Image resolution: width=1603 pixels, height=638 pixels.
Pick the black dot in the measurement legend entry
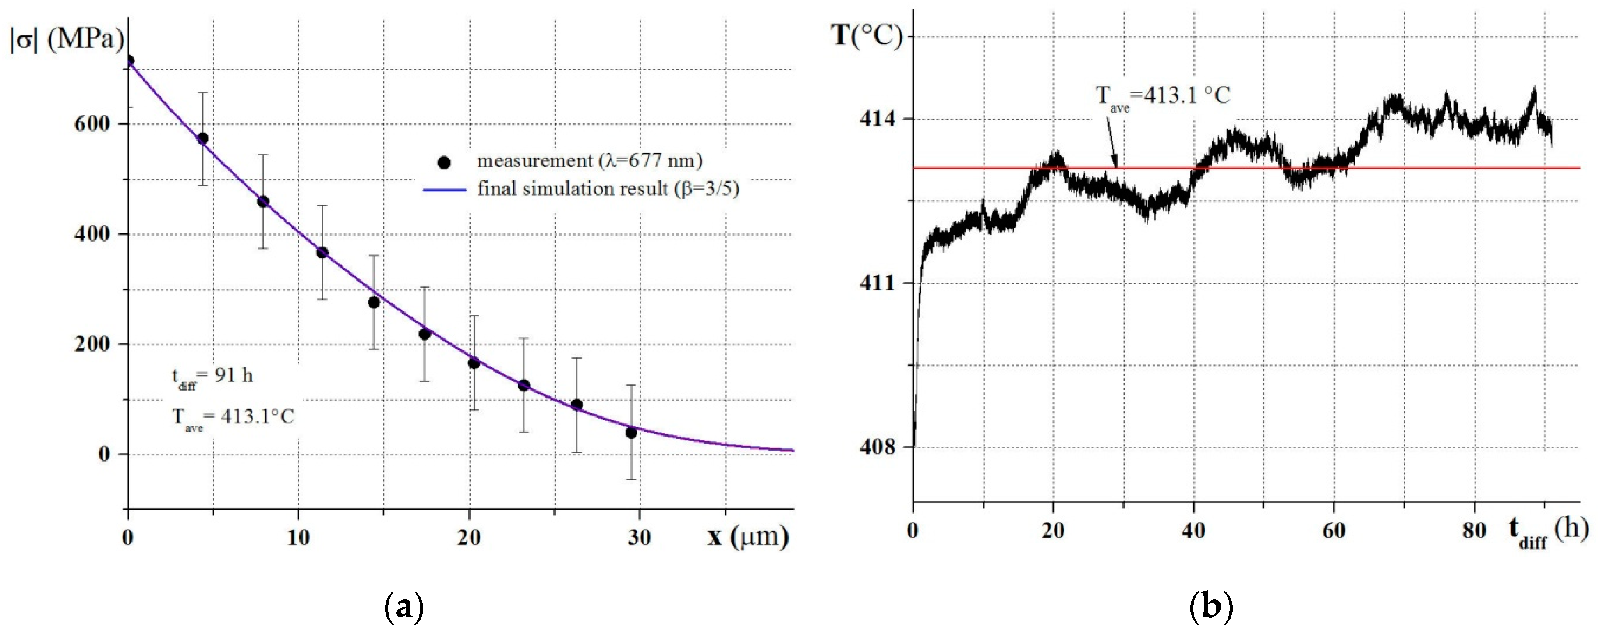pyautogui.click(x=444, y=163)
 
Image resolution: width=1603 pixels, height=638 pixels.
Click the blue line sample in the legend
pyautogui.click(x=445, y=189)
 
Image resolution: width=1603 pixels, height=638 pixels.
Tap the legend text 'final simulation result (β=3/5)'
pyautogui.click(x=608, y=188)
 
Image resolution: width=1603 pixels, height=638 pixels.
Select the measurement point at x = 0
pyautogui.click(x=129, y=61)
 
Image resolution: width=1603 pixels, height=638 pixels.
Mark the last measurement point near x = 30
pyautogui.click(x=631, y=433)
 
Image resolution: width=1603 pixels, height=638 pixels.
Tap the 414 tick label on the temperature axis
pyautogui.click(x=878, y=118)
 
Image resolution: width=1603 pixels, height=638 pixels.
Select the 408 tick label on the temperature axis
pyautogui.click(x=878, y=447)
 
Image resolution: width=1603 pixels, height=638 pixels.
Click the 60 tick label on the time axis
pyautogui.click(x=1334, y=530)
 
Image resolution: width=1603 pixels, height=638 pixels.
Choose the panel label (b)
pyautogui.click(x=1210, y=607)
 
